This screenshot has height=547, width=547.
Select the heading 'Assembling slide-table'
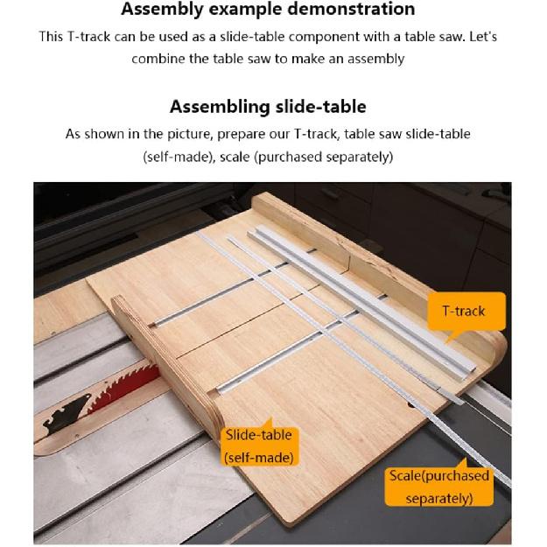pyautogui.click(x=268, y=107)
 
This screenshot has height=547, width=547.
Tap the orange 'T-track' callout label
pyautogui.click(x=462, y=311)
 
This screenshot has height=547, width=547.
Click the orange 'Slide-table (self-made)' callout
pyautogui.click(x=258, y=445)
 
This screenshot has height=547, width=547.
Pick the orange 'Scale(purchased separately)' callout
pyautogui.click(x=438, y=487)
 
